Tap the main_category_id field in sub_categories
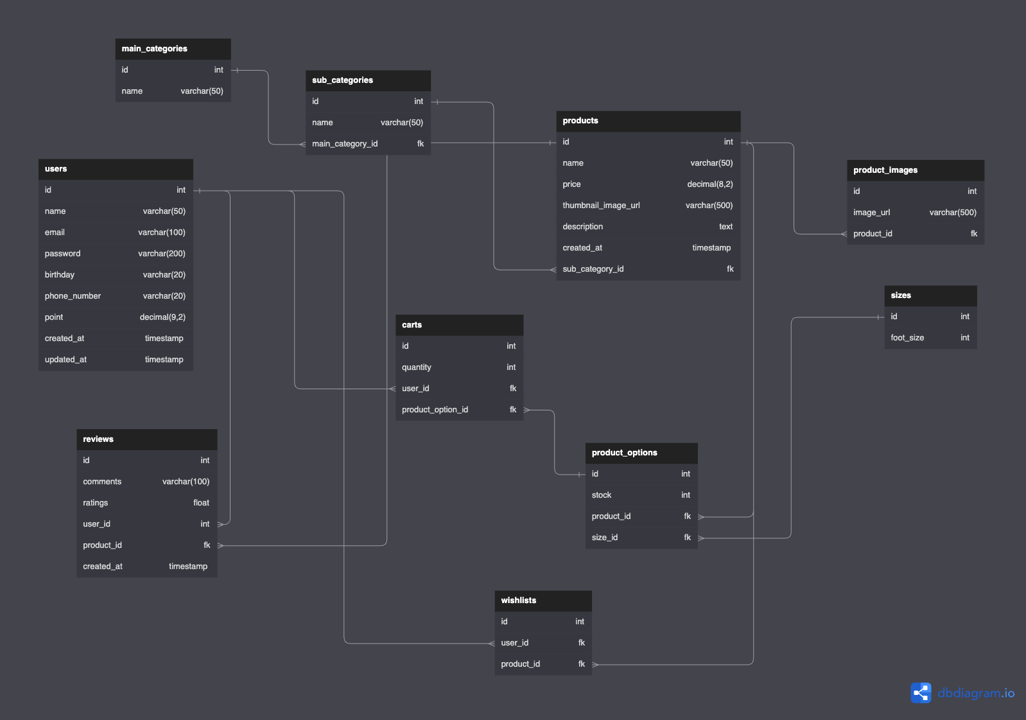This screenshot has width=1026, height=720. (345, 144)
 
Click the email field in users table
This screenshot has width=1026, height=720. (55, 233)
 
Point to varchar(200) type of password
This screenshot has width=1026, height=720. (161, 254)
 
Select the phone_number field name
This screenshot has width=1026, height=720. (73, 296)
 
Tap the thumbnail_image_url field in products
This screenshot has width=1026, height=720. (601, 206)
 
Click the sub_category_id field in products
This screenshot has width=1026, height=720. (593, 269)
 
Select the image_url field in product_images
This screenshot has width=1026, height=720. (871, 213)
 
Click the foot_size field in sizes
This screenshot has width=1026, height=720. (907, 338)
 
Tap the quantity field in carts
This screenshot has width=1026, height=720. (416, 367)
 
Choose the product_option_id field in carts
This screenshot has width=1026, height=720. (435, 410)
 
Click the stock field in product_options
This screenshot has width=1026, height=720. (601, 495)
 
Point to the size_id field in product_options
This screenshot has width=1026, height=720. (604, 538)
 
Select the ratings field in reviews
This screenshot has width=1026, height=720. (95, 503)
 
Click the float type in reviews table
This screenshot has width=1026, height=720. (201, 503)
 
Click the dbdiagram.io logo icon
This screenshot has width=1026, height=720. (921, 693)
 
